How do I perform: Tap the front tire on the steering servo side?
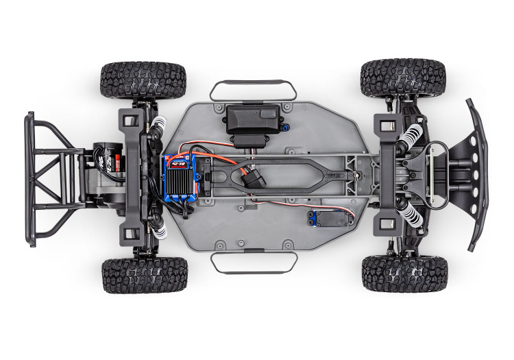pyautogui.click(x=404, y=273)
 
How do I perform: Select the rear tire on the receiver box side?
pyautogui.click(x=143, y=80)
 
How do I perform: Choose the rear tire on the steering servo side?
pyautogui.click(x=145, y=274)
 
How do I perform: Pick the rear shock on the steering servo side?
pyautogui.click(x=157, y=227)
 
